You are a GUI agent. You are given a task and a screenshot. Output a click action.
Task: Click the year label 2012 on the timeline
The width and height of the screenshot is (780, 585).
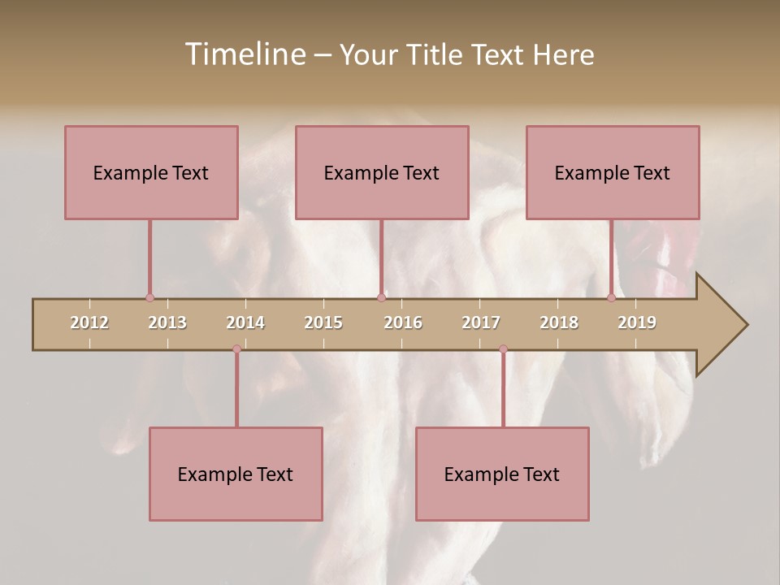tap(89, 323)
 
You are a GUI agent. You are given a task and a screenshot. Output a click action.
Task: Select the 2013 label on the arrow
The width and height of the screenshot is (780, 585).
tap(167, 323)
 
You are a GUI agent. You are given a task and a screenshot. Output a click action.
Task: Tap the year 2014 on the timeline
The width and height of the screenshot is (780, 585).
tap(245, 323)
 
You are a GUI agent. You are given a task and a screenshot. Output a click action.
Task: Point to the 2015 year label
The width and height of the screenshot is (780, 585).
tap(323, 323)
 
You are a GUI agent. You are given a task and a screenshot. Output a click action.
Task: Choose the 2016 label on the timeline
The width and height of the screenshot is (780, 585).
tap(403, 323)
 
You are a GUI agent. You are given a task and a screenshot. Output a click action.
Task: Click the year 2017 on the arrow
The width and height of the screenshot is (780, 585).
tap(481, 323)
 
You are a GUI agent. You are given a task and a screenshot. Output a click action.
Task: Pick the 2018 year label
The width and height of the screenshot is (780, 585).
tap(559, 323)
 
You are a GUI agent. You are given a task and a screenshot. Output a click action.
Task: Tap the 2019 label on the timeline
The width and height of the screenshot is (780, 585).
tap(637, 323)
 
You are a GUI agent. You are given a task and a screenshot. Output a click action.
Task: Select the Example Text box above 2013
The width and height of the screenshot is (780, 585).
tap(151, 172)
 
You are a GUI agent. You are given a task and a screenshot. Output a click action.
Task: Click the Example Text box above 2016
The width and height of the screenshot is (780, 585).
tap(382, 172)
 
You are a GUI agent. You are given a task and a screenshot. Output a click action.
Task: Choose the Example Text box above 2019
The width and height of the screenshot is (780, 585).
tap(613, 172)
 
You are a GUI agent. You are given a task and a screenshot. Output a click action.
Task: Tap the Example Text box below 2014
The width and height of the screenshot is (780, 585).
tap(236, 474)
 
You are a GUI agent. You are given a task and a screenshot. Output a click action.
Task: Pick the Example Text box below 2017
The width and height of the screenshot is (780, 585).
tap(502, 474)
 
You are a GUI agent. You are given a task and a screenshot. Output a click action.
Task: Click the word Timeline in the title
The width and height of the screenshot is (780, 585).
tap(244, 54)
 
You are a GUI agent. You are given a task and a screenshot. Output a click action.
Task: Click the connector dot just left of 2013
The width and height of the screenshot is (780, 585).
tap(149, 298)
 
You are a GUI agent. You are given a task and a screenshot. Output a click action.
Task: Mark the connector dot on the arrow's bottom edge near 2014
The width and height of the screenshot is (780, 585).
tap(236, 349)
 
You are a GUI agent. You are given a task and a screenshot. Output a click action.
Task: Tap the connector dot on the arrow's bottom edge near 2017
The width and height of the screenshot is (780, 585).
tap(503, 349)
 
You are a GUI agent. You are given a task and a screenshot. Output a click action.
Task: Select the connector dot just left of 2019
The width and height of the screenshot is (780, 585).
tap(611, 298)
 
